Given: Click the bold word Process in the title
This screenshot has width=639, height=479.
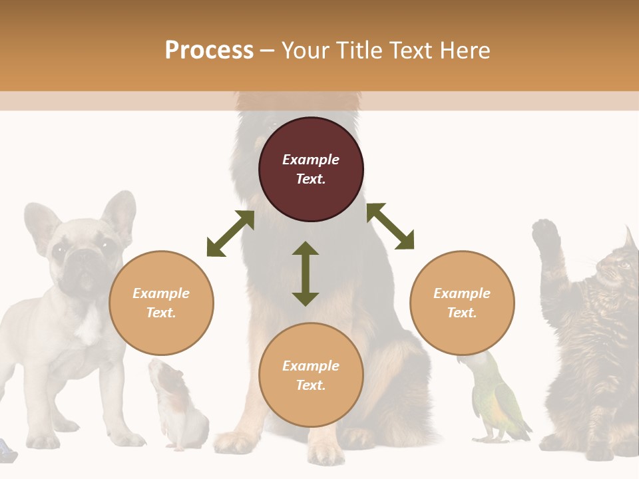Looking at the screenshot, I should tap(209, 51).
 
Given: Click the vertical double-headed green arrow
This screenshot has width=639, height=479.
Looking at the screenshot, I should tap(306, 273).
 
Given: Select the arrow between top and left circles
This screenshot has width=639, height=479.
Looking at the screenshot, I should tap(230, 234).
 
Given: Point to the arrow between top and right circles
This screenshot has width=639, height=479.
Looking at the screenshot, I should tap(390, 226).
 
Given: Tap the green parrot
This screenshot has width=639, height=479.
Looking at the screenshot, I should tap(496, 402).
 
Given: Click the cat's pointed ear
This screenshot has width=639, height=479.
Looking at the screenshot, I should tap(629, 238).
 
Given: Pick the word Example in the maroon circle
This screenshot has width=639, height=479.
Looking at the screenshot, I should tap(311, 160).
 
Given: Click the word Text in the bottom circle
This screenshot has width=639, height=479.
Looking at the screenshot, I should tap(310, 385).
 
